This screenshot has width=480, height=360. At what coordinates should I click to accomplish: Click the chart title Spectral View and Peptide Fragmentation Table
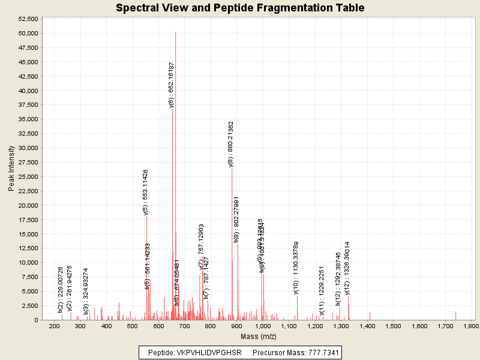coord(240,8)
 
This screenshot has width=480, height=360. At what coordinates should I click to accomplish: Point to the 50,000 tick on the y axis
coord(26,33)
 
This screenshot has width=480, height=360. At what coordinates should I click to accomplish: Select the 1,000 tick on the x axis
coord(263,326)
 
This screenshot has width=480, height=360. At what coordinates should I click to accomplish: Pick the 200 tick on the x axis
coord(55,326)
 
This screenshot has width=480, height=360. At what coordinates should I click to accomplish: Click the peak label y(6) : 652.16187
coord(172,85)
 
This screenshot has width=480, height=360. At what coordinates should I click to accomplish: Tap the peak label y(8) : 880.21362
coord(231,143)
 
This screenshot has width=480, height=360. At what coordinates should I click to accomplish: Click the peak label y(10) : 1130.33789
coord(296,268)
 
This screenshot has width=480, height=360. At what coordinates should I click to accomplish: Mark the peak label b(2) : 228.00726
coord(61,290)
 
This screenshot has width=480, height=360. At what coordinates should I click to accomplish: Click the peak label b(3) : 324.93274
coord(86,291)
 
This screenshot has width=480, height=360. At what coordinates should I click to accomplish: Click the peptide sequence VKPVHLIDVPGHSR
coord(209,353)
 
